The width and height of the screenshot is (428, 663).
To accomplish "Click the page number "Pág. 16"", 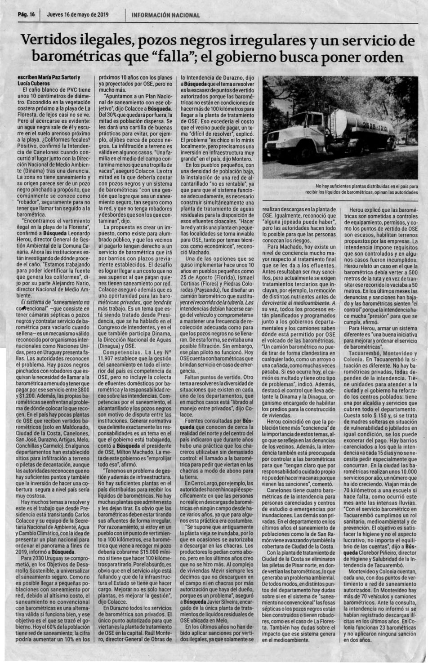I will (26, 14).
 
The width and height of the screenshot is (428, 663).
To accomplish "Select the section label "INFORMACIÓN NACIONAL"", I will (166, 15).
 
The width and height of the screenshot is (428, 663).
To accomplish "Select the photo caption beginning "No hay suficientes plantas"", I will (367, 188).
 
